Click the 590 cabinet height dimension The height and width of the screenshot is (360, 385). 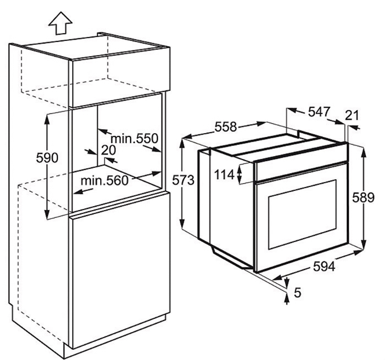point(47,158)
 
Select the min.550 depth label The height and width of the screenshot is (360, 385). point(134,138)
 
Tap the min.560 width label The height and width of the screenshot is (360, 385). point(105,181)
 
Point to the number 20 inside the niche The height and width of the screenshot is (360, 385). point(108,150)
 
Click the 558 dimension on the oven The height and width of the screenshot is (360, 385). point(226,127)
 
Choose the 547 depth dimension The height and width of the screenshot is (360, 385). point(319,112)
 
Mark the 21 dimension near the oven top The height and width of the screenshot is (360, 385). point(352,115)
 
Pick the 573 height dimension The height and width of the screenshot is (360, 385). point(183,181)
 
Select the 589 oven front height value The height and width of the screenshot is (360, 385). point(363,197)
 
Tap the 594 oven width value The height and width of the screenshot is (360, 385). point(324,267)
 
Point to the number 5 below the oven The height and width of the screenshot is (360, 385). point(297,293)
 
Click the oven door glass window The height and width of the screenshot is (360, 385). point(303,214)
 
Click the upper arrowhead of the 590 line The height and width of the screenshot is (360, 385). point(47,119)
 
